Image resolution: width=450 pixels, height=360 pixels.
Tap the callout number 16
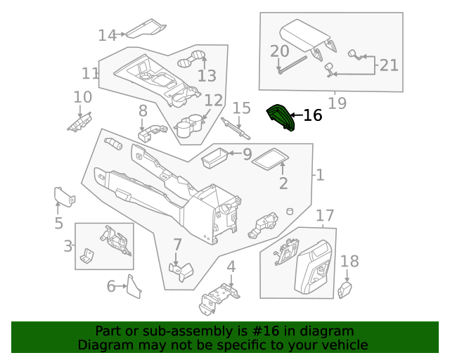(x=312, y=115)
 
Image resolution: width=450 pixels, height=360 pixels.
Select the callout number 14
(x=107, y=34)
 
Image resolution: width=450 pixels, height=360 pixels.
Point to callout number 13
(x=207, y=76)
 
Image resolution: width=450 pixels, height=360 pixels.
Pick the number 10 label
(x=82, y=97)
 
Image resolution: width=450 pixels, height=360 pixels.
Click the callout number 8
(x=143, y=110)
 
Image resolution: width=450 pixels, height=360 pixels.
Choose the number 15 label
(x=241, y=108)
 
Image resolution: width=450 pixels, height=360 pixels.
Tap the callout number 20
(x=279, y=51)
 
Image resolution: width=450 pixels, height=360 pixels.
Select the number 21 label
(x=389, y=65)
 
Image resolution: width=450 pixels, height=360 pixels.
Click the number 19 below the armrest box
(x=337, y=103)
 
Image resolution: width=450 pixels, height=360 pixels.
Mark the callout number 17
(x=324, y=214)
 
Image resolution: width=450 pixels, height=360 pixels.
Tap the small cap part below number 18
(x=345, y=290)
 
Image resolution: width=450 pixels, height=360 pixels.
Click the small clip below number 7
(x=181, y=272)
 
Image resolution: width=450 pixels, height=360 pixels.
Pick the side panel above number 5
(x=64, y=195)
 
